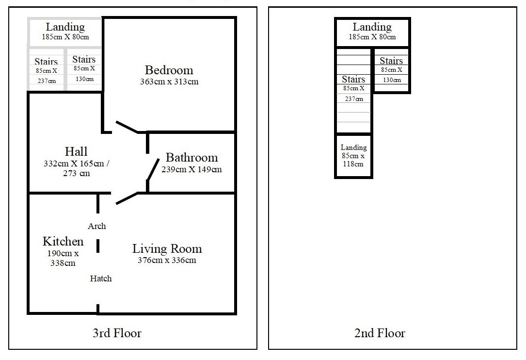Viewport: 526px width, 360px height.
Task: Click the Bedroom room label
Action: pos(169,70)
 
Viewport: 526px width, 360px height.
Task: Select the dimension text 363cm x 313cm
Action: pos(169,82)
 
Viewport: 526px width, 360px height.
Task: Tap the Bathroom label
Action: pos(191,158)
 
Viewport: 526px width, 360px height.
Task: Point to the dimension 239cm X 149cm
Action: pos(191,169)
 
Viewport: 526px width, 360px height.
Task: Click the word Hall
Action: pos(76,151)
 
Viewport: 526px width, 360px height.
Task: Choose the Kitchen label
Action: pos(63,241)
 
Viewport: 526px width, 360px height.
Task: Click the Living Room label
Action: pos(167,249)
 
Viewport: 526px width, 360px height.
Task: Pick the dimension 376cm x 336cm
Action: pos(167,260)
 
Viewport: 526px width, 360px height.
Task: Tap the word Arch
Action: pos(97,226)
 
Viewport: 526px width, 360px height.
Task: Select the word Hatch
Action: pos(101,278)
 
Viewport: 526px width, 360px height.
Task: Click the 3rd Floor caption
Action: pos(117,333)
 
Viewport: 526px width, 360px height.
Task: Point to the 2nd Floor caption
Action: pos(380,333)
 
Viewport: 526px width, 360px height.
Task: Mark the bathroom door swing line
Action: pos(153,169)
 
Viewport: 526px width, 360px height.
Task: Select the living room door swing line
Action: pos(127,198)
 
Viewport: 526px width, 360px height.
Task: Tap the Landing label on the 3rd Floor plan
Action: pos(65,27)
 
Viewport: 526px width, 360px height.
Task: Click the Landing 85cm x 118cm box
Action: pos(353,155)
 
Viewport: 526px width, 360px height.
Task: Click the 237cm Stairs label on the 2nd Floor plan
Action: pos(353,79)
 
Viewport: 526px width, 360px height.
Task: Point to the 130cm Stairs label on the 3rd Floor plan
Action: pos(84,60)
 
